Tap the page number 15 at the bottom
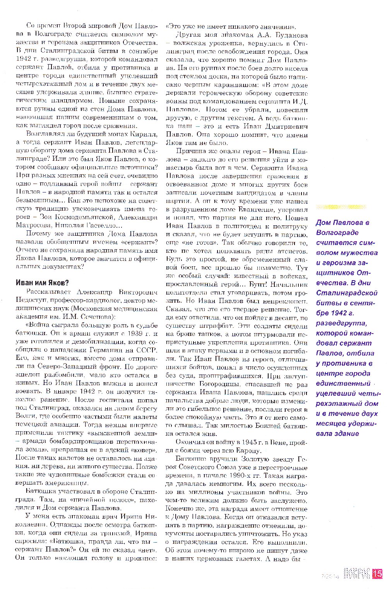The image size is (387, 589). coord(377,574)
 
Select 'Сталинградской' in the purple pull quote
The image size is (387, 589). coord(346,293)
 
